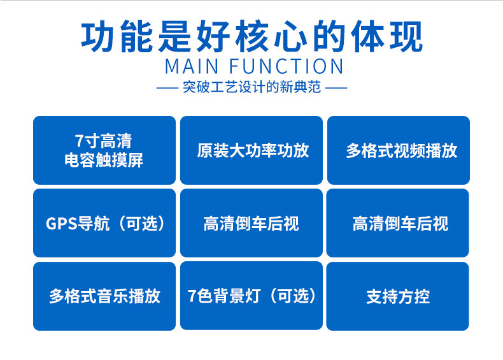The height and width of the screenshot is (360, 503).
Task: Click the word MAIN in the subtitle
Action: click(192, 66)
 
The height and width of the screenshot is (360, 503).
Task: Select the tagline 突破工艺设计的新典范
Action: click(251, 88)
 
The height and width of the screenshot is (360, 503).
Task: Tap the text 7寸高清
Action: click(104, 141)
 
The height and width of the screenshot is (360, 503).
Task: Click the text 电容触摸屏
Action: click(104, 160)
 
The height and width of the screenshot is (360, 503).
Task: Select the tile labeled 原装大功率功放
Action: click(252, 150)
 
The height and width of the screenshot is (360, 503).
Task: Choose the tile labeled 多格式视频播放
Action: click(399, 150)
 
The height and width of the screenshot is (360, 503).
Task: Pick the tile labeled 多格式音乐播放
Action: click(104, 296)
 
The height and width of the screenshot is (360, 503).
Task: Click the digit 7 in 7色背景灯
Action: click(192, 296)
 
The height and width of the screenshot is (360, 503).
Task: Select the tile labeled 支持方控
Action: click(398, 296)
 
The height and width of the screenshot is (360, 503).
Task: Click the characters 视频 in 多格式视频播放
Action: click(409, 150)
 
